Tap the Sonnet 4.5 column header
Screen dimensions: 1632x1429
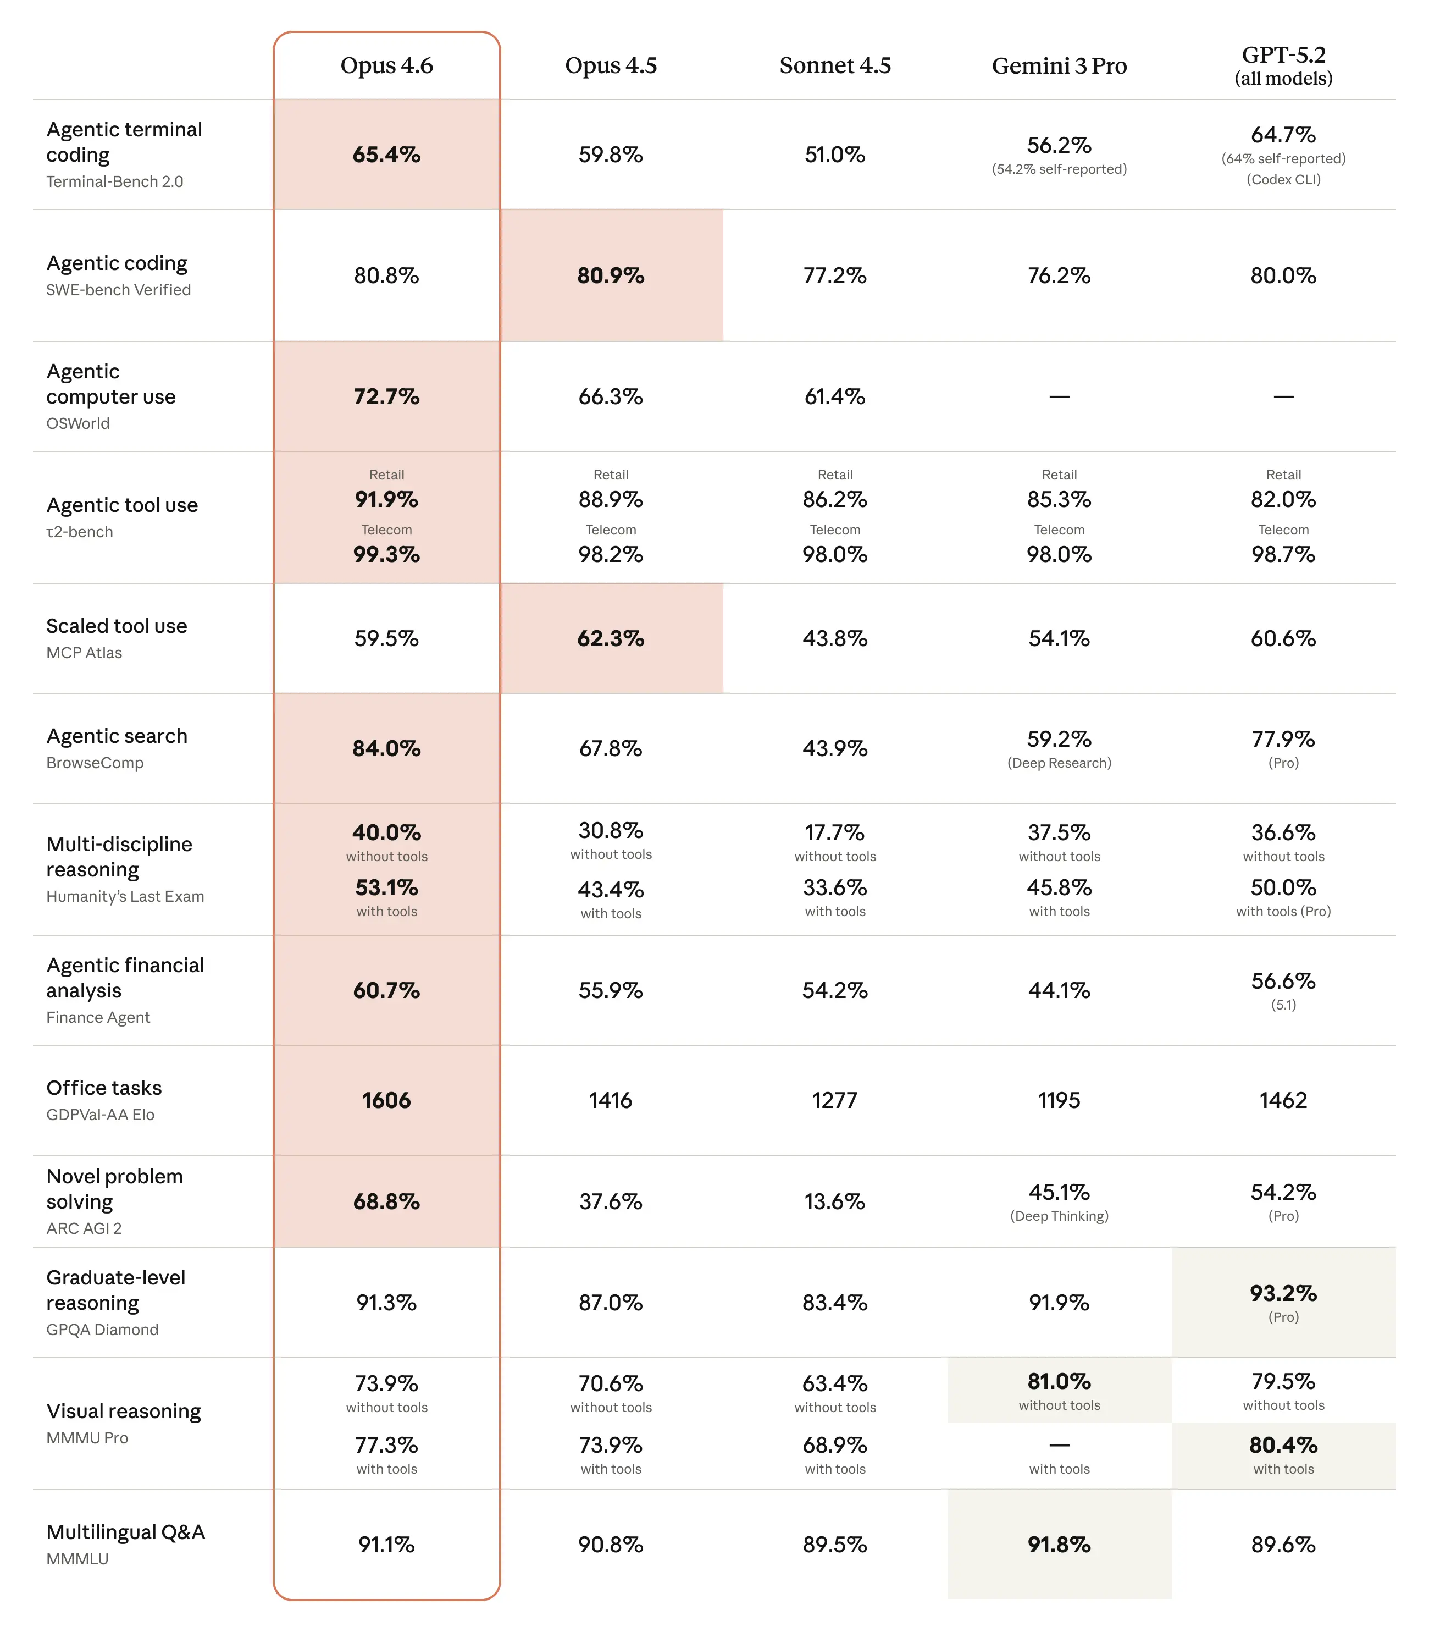(834, 65)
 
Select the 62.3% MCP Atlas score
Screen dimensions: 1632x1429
(610, 638)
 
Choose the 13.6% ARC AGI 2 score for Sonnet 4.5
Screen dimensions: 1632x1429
(834, 1201)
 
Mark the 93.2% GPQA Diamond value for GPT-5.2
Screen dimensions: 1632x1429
(1282, 1293)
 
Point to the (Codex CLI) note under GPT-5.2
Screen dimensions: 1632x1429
(1282, 179)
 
